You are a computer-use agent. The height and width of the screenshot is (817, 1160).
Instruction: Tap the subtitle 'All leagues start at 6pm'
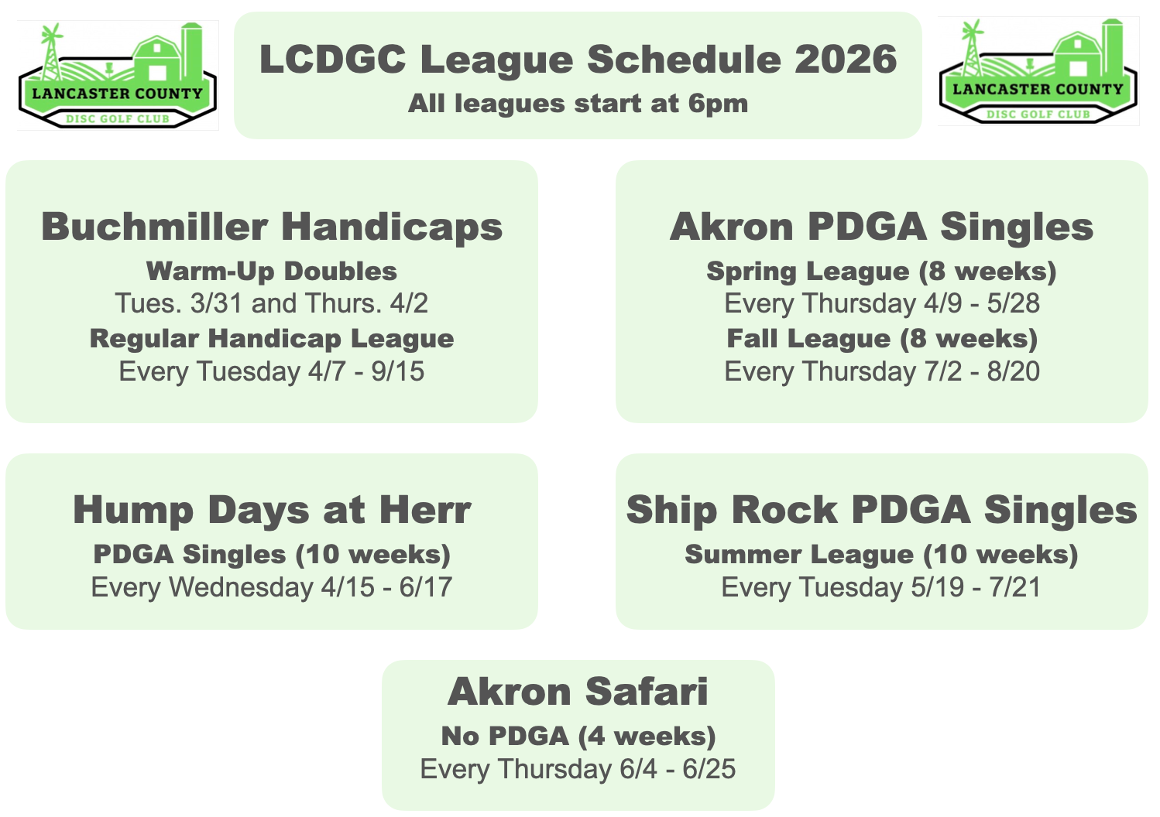578,104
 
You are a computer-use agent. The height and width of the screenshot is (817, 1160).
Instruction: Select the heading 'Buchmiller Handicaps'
272,227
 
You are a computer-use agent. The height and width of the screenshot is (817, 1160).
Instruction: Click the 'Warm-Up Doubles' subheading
272,271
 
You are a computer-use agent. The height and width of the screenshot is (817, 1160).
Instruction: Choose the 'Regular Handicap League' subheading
272,338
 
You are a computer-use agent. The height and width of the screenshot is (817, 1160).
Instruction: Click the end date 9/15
397,371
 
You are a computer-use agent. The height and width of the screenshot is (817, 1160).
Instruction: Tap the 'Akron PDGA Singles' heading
881,227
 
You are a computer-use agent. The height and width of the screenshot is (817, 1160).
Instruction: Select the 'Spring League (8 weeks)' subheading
881,271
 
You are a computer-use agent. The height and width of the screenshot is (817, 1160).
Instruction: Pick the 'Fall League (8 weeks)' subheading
881,338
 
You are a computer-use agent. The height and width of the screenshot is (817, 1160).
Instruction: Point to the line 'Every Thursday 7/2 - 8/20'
881,371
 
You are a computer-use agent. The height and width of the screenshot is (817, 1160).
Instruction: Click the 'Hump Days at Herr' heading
272,510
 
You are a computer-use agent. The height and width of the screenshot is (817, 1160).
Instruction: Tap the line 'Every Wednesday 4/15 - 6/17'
272,587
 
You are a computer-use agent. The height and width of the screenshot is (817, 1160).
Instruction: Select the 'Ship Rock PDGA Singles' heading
881,510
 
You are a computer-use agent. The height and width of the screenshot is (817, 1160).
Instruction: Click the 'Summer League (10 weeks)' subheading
881,554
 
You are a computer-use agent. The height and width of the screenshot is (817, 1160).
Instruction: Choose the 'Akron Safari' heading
578,692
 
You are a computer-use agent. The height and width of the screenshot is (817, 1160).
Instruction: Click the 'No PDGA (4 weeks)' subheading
578,736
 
